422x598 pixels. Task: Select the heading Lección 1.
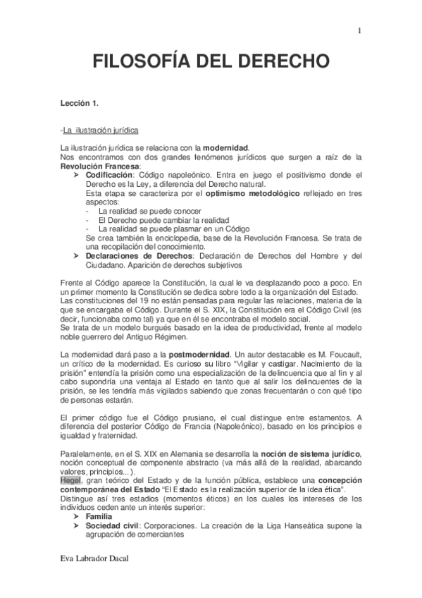tap(80, 104)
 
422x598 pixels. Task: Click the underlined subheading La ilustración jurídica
tap(100, 130)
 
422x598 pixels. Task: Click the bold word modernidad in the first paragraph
tap(225, 147)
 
